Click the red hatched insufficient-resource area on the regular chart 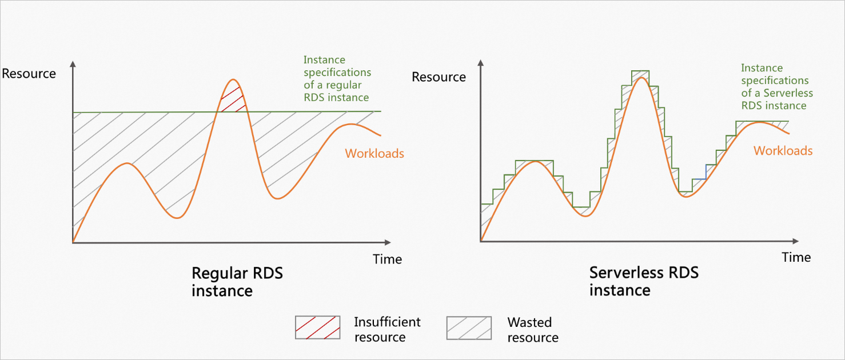coord(233,98)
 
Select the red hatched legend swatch coord(317,327)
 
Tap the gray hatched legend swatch coord(469,327)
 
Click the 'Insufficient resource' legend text coord(387,329)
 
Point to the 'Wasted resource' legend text coord(532,330)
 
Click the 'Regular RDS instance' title coord(237,282)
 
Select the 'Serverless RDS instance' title coord(643,281)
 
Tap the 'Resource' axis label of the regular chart coord(29,74)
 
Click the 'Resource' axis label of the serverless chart coord(439,77)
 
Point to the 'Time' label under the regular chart coord(387,259)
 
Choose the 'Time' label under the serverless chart coord(796,258)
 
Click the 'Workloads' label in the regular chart coord(374,154)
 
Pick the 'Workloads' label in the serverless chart coord(783,151)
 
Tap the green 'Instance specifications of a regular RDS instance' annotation coord(337,78)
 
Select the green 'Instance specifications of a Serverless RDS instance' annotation coord(777,87)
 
